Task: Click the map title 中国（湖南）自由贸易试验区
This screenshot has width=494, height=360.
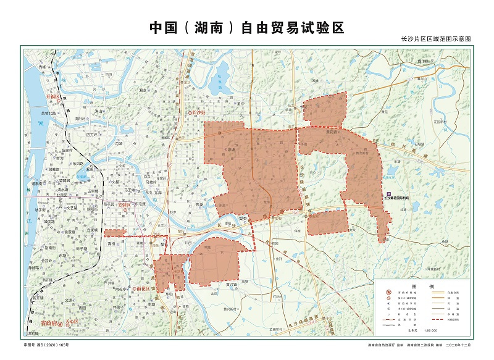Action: click(246, 28)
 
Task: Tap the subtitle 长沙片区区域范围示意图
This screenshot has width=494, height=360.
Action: click(436, 39)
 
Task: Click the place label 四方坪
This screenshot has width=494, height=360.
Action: click(92, 135)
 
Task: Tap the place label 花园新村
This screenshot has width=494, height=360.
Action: click(440, 122)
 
